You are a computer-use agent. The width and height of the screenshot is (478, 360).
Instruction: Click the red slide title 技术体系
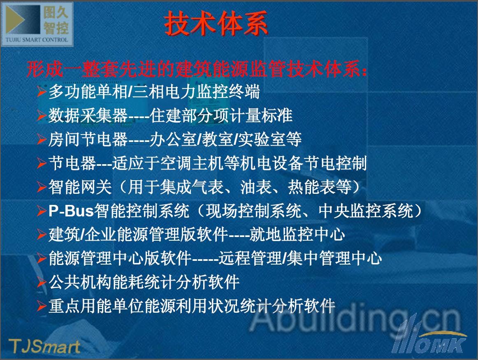pos(216,23)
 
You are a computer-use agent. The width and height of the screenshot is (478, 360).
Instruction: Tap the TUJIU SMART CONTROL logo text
pos(37,39)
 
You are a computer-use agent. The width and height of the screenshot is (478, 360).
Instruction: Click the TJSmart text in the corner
pos(44,346)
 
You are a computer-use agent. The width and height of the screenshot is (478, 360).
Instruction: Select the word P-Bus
pos(71,211)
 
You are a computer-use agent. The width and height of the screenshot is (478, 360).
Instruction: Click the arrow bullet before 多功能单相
pos(42,91)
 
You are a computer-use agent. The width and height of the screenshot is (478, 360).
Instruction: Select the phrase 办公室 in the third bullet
pos(174,139)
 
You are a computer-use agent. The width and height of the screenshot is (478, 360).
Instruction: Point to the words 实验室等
pos(270,139)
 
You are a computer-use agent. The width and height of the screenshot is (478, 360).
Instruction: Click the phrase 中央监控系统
pos(366,211)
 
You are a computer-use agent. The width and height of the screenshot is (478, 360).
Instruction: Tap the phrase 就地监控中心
pos(297,235)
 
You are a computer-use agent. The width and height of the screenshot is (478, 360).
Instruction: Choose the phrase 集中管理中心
pos(334,258)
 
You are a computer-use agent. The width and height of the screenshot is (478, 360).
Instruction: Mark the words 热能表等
pos(320,187)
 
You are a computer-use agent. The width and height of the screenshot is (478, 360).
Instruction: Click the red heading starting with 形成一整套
pos(197,69)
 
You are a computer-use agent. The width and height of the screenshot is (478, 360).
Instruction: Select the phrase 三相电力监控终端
pos(196,91)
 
